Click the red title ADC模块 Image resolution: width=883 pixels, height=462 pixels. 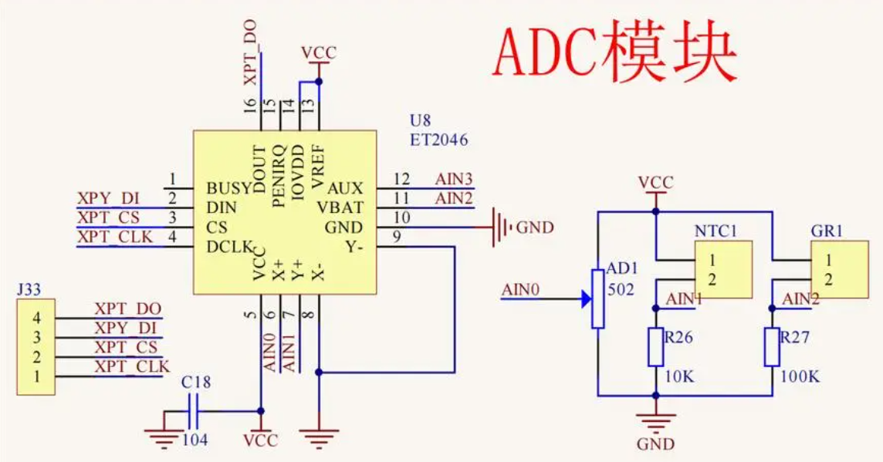614,55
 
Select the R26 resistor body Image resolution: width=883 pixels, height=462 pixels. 655,346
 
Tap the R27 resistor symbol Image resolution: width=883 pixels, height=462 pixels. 771,346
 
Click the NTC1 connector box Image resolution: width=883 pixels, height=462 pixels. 722,269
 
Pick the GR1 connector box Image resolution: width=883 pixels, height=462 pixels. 839,269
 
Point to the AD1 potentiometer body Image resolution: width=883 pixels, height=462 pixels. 598,298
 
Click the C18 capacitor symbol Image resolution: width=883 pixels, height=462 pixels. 193,411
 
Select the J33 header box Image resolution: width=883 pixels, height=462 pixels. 36,348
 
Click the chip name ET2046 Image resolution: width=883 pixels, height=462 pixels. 439,140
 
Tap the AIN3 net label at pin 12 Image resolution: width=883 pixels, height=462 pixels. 453,179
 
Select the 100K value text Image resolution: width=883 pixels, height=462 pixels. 800,376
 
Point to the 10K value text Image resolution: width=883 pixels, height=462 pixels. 679,376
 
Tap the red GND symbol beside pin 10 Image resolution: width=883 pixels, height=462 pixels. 503,228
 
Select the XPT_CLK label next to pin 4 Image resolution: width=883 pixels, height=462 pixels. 115,237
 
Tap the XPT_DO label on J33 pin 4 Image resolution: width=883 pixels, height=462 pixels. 127,309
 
